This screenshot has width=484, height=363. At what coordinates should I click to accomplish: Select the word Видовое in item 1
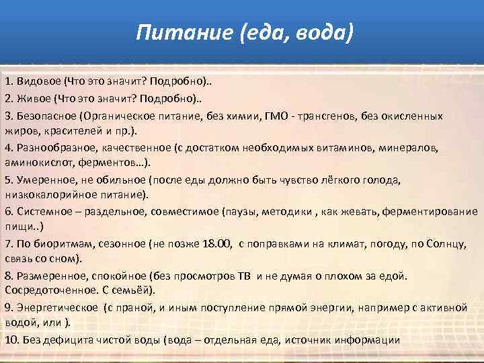tap(38, 81)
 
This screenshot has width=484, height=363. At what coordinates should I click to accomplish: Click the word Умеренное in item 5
tap(43, 180)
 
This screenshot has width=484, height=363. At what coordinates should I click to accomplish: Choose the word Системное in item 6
tap(42, 211)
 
